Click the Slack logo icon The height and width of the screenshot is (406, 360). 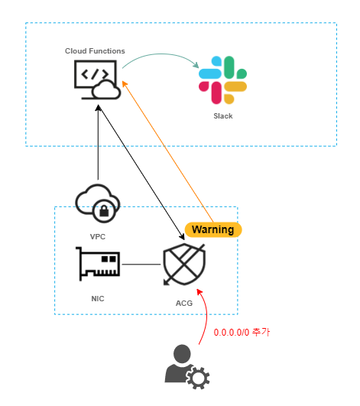pos(223,80)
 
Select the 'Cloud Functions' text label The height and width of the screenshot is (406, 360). pos(95,51)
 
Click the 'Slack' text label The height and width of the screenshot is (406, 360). pos(223,116)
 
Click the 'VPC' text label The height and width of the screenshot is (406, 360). pos(98,236)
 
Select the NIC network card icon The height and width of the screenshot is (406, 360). pos(99,264)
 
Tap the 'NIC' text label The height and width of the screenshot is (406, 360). pos(97,297)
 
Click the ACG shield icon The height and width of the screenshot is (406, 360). pos(184,265)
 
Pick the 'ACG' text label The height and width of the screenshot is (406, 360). pos(184,304)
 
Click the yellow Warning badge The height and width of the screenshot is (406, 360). pos(212,229)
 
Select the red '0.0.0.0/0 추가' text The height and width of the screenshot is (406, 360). pos(242,333)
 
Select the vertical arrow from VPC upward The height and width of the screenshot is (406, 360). pos(99,145)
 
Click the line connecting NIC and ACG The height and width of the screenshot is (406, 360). pos(141,265)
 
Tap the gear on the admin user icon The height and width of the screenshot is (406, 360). pos(199,376)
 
